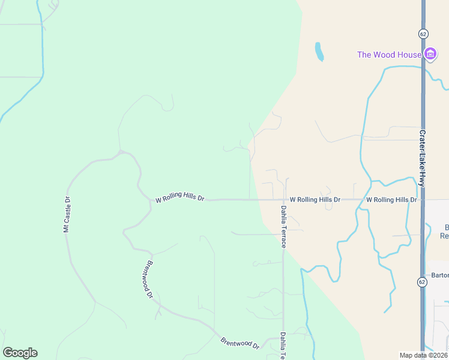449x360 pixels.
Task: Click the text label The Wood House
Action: pos(389,55)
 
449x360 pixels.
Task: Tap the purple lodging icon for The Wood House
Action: pos(430,55)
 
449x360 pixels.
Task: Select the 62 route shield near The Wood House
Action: pos(424,34)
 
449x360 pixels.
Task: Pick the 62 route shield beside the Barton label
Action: pos(423,282)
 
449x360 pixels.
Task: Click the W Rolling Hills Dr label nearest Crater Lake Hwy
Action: pos(391,199)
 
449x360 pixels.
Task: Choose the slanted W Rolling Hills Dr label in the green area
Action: pos(180,197)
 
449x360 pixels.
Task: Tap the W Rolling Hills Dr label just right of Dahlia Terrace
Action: pos(315,199)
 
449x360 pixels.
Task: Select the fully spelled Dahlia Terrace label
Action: pos(283,227)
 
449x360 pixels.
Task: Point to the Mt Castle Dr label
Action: pos(67,214)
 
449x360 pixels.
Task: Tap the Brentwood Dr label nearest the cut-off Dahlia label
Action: pos(240,343)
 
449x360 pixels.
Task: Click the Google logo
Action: pos(20,353)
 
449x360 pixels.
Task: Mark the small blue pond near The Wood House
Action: pos(319,52)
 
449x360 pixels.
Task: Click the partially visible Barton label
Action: pos(440,275)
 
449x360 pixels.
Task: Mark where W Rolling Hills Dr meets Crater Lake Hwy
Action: pos(423,199)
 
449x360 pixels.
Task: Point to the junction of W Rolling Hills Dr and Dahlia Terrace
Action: pos(283,199)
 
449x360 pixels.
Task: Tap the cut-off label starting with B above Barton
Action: pos(444,231)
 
